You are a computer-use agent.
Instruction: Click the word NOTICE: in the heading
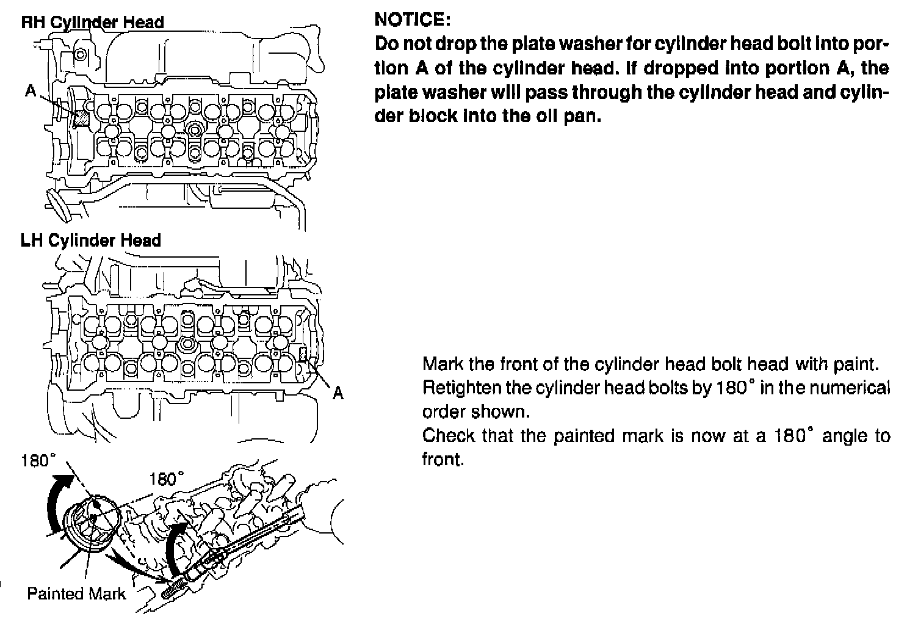coord(413,20)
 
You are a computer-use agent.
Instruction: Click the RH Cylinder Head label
coord(93,23)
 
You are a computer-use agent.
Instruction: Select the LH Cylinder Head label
coord(91,241)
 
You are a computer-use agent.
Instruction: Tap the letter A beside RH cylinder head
coord(31,91)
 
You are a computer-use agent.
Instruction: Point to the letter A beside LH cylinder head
coord(338,394)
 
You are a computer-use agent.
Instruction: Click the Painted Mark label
coord(76,593)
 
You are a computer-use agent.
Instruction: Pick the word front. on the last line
coord(443,460)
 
